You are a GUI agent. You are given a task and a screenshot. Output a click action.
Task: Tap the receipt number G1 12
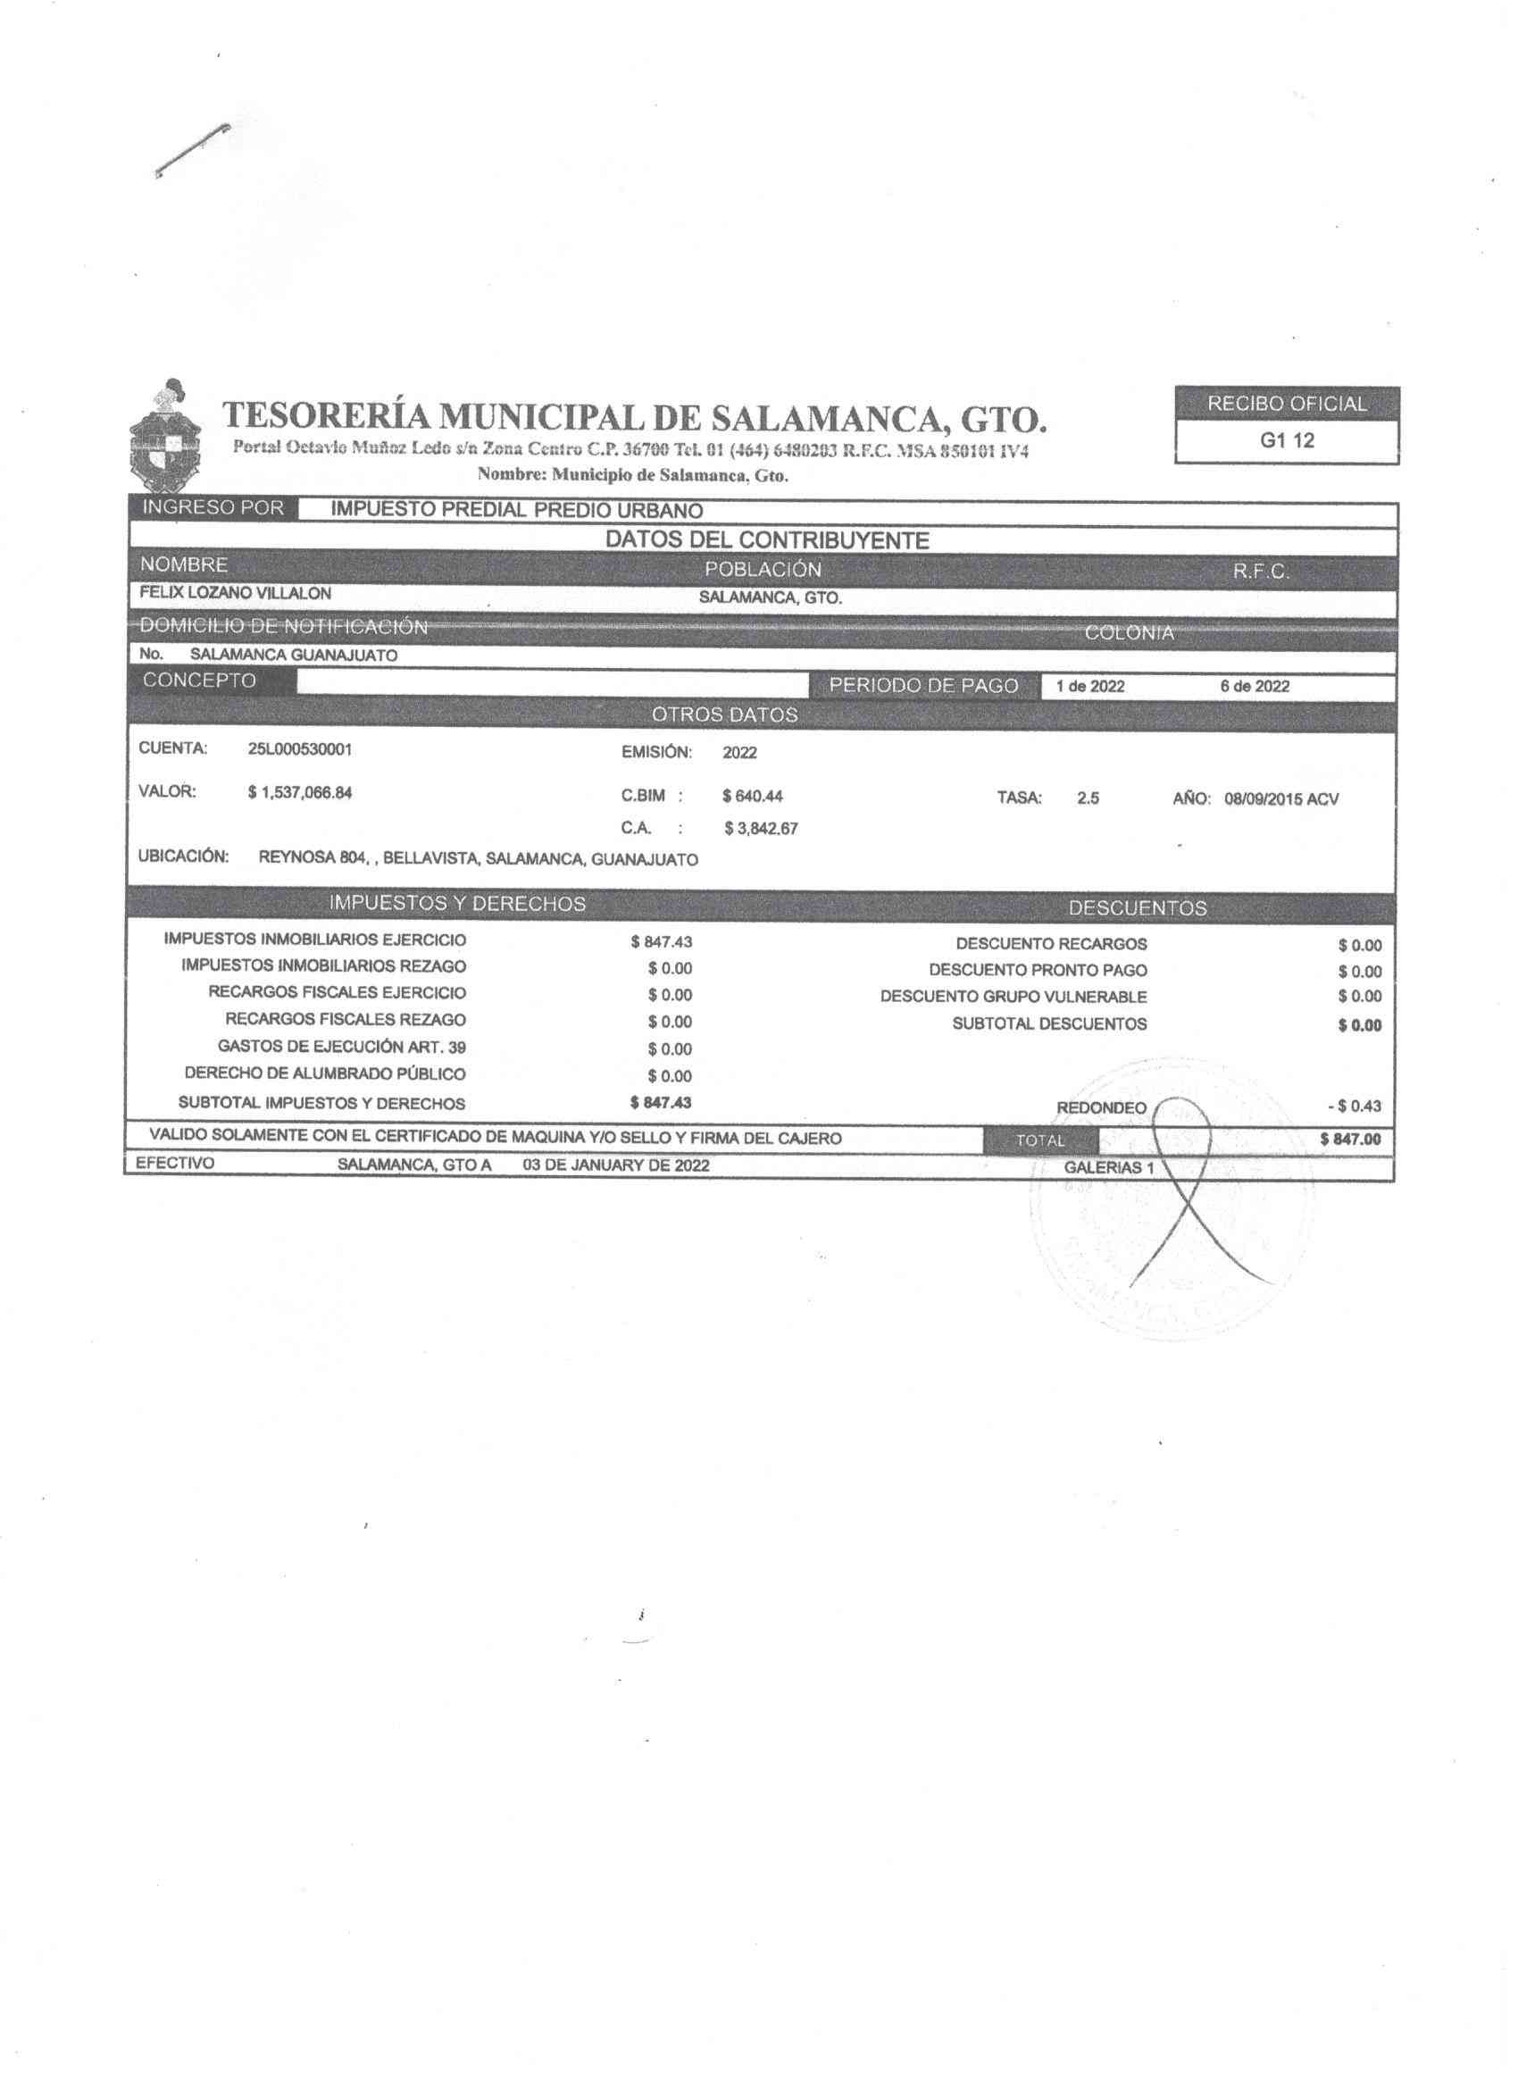click(x=1287, y=441)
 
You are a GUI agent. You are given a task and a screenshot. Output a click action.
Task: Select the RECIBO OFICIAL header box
click(x=1287, y=405)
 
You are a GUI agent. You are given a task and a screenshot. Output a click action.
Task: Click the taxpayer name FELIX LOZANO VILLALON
click(x=235, y=594)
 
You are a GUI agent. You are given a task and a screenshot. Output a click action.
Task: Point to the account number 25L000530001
click(x=299, y=749)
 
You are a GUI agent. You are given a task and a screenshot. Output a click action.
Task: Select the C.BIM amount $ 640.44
click(x=752, y=797)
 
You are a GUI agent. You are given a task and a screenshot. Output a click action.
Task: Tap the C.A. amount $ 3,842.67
click(x=761, y=829)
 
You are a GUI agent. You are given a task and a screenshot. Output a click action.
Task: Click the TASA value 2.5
click(x=1088, y=799)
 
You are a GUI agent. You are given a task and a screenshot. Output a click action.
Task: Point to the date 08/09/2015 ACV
click(x=1280, y=799)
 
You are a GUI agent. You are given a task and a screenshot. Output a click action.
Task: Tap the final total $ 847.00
click(x=1350, y=1140)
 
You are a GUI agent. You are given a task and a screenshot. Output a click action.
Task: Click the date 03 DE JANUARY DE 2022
click(x=615, y=1165)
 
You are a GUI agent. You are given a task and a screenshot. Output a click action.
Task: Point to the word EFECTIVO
click(x=175, y=1164)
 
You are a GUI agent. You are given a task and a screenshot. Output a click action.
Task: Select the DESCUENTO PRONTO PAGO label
click(x=1038, y=971)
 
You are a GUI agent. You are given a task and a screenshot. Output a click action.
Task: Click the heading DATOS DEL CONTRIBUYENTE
click(x=767, y=540)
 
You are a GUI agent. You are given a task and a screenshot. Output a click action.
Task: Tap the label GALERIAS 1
click(x=1108, y=1168)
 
